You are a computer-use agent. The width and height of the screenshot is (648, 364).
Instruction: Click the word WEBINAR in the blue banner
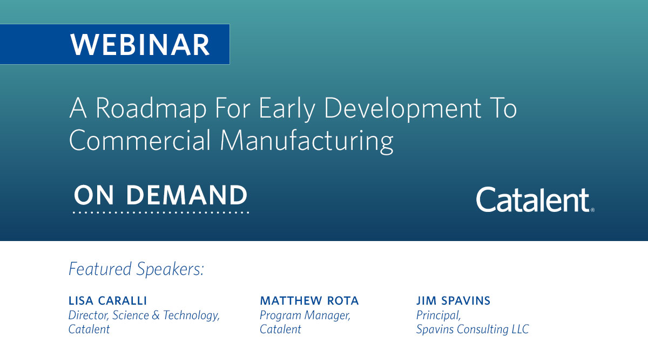point(140,45)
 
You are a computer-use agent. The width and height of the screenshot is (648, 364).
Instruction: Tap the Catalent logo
point(532,200)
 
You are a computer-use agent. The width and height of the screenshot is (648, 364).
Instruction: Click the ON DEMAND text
point(160,195)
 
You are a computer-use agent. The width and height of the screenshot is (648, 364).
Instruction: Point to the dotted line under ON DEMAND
point(160,213)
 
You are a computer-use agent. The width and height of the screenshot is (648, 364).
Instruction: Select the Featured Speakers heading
point(136,269)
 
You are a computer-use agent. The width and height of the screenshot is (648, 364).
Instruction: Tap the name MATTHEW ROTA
point(309,300)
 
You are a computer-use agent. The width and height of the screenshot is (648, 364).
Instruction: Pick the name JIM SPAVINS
point(453,300)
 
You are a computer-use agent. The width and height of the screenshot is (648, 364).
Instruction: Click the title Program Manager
point(305,315)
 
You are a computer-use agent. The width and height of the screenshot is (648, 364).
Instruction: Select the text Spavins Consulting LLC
point(473,329)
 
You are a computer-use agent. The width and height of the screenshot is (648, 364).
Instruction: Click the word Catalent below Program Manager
point(280,329)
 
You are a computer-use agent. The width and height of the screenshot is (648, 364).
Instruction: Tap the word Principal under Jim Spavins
point(438,315)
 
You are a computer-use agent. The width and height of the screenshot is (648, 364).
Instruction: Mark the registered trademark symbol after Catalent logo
point(592,210)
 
